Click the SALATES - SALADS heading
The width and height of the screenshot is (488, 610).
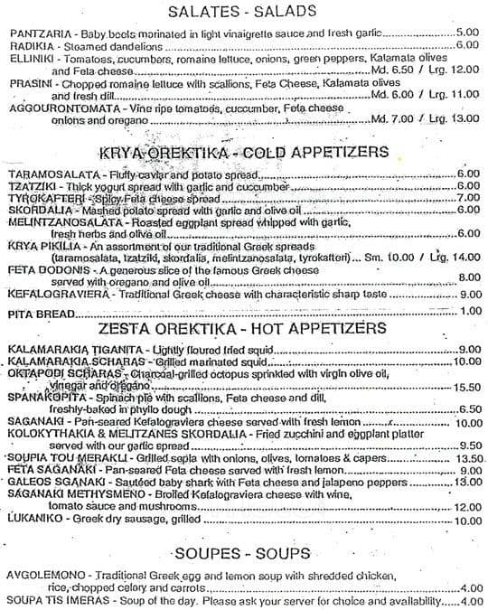click(x=243, y=12)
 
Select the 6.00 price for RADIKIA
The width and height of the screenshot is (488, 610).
click(x=466, y=43)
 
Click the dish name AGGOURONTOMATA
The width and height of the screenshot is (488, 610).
click(x=55, y=107)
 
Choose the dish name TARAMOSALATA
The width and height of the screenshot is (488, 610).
click(x=52, y=174)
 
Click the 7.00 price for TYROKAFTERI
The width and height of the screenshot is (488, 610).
click(x=467, y=197)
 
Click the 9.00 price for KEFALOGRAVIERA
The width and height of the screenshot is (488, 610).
click(x=467, y=293)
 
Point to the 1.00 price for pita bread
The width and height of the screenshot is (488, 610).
click(x=469, y=312)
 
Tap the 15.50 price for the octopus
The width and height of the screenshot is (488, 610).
click(x=465, y=386)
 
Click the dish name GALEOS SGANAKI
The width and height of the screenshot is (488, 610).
click(x=50, y=482)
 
